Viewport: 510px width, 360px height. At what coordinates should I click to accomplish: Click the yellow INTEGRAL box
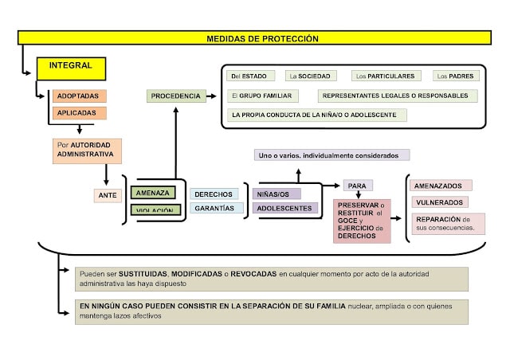point(71,68)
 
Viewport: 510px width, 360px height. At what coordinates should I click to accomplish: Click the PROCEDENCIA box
point(175,96)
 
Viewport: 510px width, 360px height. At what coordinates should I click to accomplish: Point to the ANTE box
point(108,194)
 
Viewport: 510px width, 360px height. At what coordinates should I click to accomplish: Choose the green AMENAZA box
point(153,193)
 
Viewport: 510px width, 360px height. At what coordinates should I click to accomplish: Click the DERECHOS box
point(214,194)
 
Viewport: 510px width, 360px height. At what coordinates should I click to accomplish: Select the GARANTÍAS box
point(214,208)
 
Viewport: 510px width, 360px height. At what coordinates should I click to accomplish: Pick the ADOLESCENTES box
point(284,208)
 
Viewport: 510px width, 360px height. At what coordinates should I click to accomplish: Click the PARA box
point(356,186)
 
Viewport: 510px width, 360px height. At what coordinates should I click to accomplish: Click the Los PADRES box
point(456,76)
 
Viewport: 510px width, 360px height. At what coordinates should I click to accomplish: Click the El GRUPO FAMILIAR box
point(261,96)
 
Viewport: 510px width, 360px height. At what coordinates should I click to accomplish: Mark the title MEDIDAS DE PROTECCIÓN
point(262,38)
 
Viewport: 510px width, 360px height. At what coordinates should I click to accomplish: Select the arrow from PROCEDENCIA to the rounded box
point(211,96)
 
